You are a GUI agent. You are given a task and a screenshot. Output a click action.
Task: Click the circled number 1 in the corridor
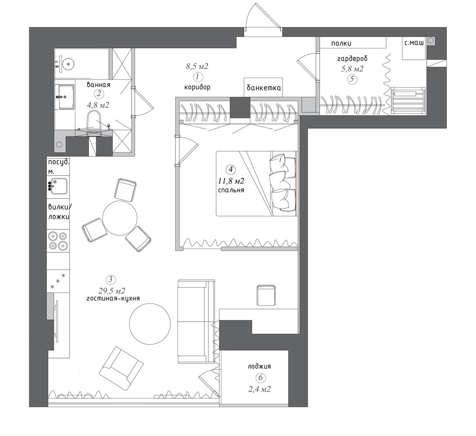[x=197, y=76]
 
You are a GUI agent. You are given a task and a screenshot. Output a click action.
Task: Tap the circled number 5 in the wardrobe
[x=352, y=79]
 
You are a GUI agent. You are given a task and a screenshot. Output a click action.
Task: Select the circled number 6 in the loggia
[x=260, y=378]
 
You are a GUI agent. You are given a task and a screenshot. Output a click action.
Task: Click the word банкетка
[x=263, y=88]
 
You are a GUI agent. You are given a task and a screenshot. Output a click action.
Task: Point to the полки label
[x=341, y=44]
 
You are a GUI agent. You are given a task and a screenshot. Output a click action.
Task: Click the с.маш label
[x=414, y=44]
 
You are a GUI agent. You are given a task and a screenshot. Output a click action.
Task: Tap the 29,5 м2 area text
[x=112, y=290]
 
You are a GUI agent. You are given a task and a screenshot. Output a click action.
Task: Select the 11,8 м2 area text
[x=231, y=181]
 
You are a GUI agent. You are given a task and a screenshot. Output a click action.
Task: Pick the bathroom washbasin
[x=66, y=97]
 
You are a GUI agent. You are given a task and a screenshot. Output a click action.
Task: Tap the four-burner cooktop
[x=58, y=241]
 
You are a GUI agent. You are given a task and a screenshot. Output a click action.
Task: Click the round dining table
[x=119, y=218]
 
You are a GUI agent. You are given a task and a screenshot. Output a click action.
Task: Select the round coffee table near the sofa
[x=150, y=324]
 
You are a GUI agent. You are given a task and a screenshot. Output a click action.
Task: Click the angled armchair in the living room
[x=121, y=368]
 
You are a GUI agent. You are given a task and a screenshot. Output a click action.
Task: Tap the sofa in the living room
[x=196, y=321]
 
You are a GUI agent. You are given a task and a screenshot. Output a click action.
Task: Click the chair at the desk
[x=266, y=295]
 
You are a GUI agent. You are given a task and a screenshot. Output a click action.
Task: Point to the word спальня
[x=231, y=191]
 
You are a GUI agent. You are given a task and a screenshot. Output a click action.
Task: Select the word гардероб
[x=352, y=58]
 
